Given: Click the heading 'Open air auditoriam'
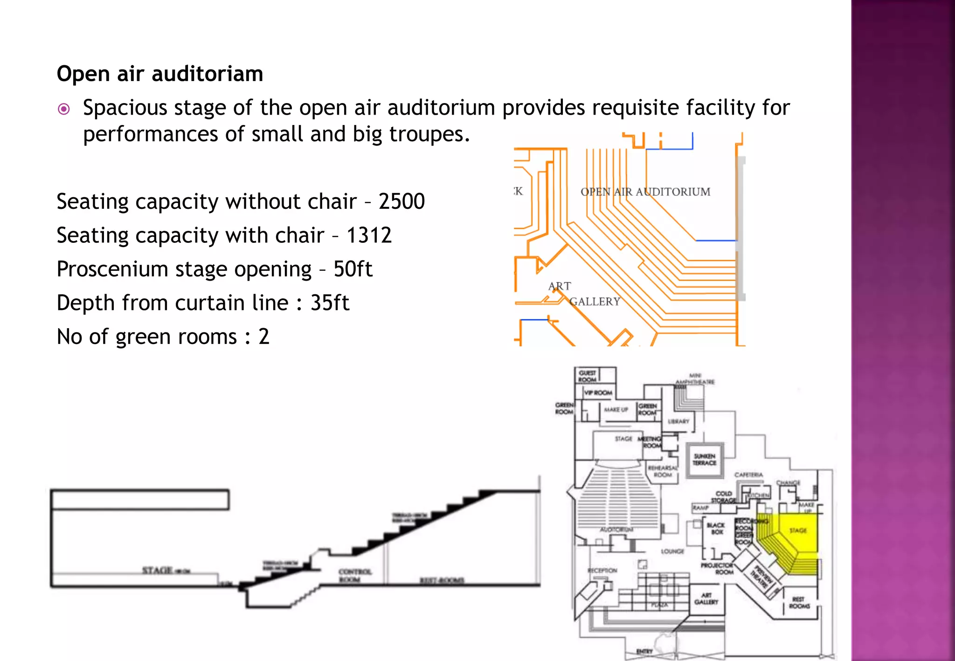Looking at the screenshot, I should pos(160,74).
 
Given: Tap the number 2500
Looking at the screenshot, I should pos(401,201).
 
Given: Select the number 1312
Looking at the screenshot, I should pos(368,235).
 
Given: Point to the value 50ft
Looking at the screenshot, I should pos(353,269).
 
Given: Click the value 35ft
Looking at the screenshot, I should pos(330,303).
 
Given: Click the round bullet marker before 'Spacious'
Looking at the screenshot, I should pos(64,109).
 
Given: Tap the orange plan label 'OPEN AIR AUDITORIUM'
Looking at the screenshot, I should pos(645,192).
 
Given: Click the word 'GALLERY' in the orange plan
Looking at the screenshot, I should pos(595,302).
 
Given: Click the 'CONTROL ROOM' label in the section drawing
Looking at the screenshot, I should pos(354,575).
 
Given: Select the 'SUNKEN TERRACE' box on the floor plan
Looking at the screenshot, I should pos(705,460).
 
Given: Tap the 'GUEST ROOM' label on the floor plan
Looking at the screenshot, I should pos(587,376).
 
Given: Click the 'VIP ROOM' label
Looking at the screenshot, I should pos(598,392).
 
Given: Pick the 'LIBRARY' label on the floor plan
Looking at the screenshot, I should pos(678,421).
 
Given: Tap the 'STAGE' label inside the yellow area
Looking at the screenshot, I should pos(798,530).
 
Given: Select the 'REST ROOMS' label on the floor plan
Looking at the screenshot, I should pos(799,602).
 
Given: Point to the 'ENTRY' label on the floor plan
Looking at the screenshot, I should pos(644,651).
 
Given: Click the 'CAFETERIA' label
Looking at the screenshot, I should pos(749,475).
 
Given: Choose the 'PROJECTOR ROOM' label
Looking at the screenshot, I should pos(718,568).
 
